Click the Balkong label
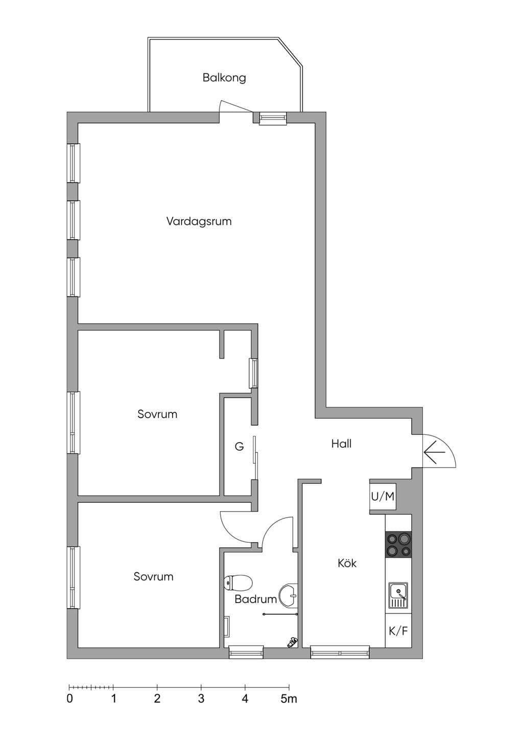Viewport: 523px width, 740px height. point(224,78)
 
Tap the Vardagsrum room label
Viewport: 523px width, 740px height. point(199,221)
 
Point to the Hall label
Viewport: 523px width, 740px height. point(341,444)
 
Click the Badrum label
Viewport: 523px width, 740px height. point(255,599)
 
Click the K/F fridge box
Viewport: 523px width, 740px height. point(398,631)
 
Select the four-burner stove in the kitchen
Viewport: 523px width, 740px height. point(398,545)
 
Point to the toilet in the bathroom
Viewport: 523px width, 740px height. point(237,582)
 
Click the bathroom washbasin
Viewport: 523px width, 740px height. point(288,595)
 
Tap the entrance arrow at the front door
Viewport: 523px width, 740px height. point(435,451)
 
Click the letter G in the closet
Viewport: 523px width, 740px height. point(239,447)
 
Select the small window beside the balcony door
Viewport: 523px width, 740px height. point(273,118)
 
